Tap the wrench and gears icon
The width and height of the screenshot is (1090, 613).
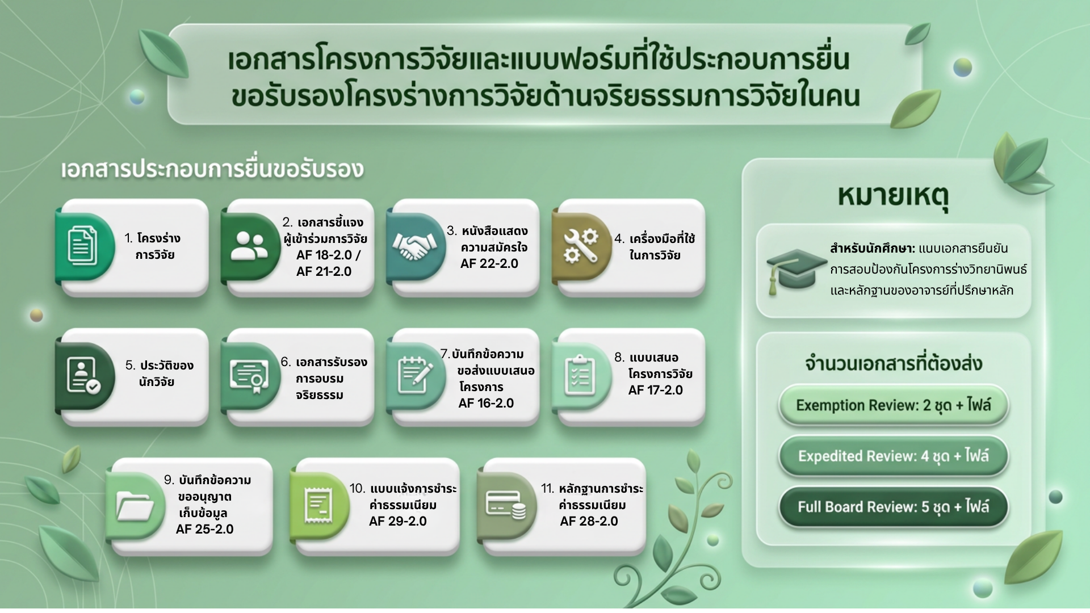click(x=580, y=246)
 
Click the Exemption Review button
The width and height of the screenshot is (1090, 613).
click(x=893, y=405)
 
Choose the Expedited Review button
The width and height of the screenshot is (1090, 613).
click(x=893, y=456)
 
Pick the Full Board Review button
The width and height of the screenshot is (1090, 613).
click(x=893, y=507)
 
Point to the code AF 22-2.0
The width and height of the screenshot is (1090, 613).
click(x=489, y=263)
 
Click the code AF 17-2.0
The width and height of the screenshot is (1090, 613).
click(x=656, y=390)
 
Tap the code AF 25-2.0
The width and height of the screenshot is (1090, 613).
click(x=204, y=529)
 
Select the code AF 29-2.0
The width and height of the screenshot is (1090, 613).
click(x=397, y=521)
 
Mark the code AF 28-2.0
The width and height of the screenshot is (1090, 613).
click(x=589, y=521)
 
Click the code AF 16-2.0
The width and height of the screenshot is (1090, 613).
click(x=486, y=403)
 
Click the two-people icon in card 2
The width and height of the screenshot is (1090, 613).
click(x=249, y=247)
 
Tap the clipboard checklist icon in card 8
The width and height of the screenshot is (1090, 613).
click(x=580, y=375)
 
